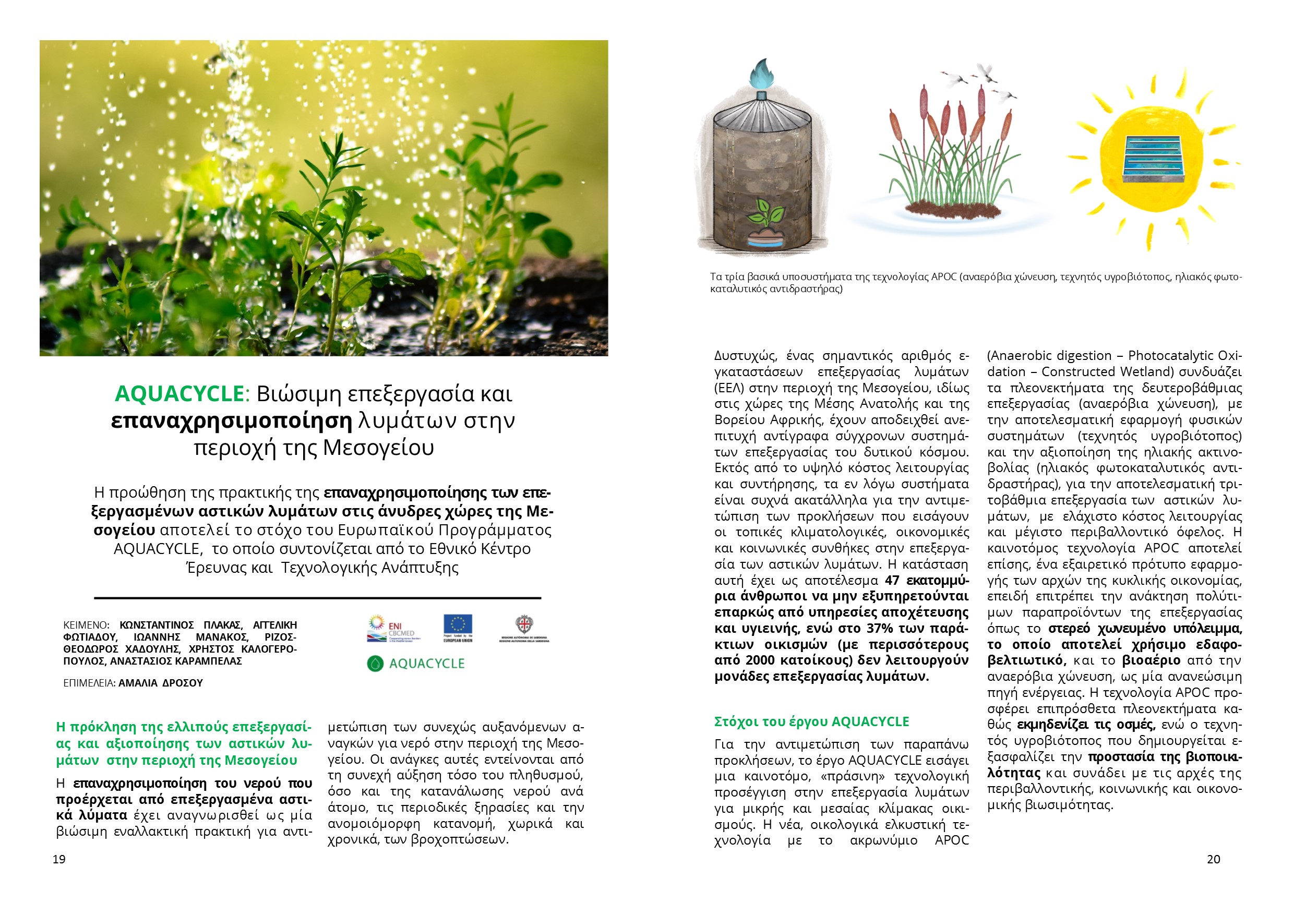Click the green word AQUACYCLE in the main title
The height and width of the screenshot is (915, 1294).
tap(179, 393)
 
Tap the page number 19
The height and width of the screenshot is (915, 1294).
tap(59, 859)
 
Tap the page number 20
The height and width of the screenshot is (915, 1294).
tap(1214, 859)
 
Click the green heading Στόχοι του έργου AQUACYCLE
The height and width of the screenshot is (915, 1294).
tap(811, 722)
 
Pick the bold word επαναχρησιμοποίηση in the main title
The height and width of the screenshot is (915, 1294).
tap(232, 420)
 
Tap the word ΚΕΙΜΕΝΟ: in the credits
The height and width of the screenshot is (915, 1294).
tap(86, 625)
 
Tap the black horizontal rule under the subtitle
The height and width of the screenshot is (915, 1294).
tap(317, 597)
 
